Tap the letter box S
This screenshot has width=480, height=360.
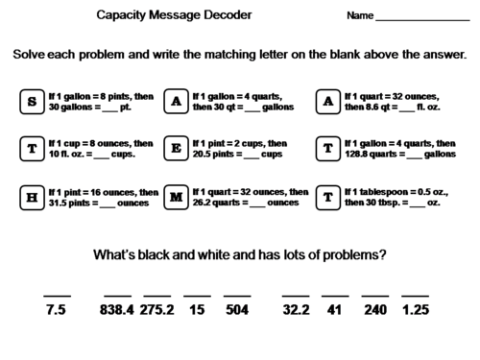click(x=32, y=100)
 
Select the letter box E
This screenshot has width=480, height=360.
click(x=176, y=149)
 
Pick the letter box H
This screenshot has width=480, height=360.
click(x=32, y=198)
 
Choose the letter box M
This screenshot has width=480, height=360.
click(x=176, y=198)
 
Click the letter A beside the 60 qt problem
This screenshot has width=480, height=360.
click(x=176, y=100)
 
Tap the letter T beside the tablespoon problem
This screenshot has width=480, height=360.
click(x=328, y=198)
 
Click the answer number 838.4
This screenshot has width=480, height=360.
click(x=117, y=310)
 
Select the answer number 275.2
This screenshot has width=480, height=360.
click(x=159, y=310)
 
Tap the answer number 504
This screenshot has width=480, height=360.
click(x=237, y=310)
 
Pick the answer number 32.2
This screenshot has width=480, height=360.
click(x=295, y=310)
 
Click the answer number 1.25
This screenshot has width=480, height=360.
click(x=415, y=310)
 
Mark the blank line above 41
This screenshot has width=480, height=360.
click(x=335, y=295)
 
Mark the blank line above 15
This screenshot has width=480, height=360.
click(x=197, y=295)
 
